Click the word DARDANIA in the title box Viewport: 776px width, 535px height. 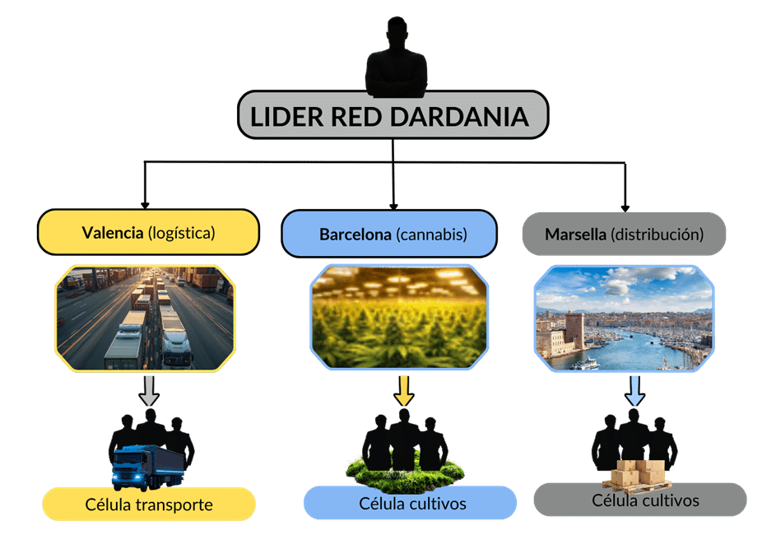click(x=459, y=117)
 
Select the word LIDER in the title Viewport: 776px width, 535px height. click(x=284, y=117)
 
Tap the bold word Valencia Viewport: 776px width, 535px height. click(x=112, y=233)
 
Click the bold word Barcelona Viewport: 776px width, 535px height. click(x=355, y=235)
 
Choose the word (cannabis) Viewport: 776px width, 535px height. click(x=431, y=235)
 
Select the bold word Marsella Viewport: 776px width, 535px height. click(x=575, y=235)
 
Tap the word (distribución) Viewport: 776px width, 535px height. click(x=657, y=235)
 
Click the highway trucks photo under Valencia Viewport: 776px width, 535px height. click(x=146, y=318)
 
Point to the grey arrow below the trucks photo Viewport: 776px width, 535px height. click(x=149, y=391)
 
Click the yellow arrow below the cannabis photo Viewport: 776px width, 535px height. click(x=403, y=391)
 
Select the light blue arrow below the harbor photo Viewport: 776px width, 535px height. click(x=634, y=391)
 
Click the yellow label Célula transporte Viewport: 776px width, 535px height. click(x=149, y=505)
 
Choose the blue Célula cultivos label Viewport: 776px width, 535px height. click(x=410, y=503)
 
